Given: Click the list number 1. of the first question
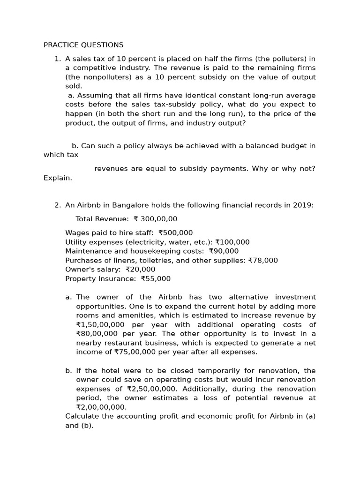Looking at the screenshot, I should click(58, 59).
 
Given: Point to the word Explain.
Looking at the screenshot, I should click(58, 178).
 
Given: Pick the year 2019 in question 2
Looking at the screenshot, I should click(302, 205).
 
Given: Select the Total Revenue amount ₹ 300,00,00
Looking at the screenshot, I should click(155, 219).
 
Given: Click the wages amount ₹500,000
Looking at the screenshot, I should click(175, 232).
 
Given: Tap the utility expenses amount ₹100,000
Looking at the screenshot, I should click(232, 242).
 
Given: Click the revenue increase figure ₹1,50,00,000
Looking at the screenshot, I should click(100, 324).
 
